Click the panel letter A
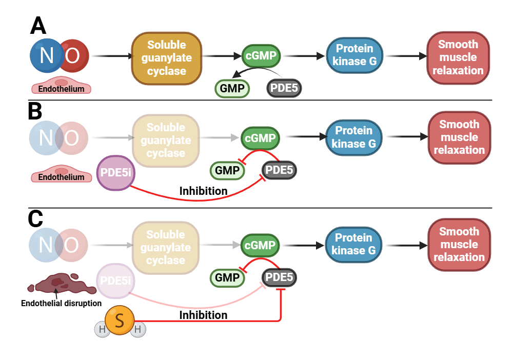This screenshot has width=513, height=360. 38,26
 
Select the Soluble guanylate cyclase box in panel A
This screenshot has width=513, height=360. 166,57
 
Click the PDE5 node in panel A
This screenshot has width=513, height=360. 284,88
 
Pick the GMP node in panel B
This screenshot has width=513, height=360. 227,170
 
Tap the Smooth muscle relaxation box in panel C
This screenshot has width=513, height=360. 459,244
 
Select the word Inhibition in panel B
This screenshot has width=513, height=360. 203,191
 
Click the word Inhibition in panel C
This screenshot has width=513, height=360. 203,315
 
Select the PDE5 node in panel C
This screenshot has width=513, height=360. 279,278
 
